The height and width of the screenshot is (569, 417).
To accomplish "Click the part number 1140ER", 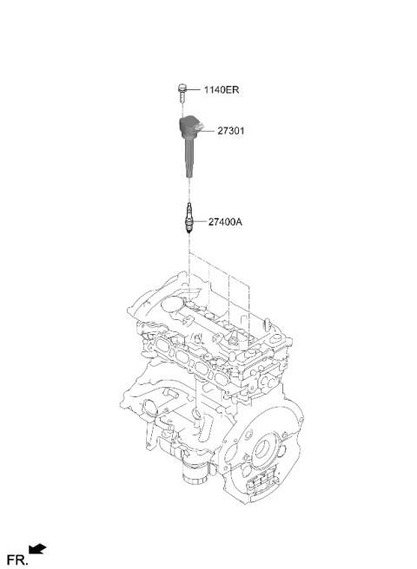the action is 221,89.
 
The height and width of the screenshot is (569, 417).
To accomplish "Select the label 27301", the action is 231,131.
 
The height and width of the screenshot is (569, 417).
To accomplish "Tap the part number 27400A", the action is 225,222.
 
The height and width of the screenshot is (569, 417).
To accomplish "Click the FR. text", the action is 17,559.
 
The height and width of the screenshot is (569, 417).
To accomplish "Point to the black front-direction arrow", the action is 37,549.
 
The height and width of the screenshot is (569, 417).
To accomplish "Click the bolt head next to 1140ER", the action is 182,88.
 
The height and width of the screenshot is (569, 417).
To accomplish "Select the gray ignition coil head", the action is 190,128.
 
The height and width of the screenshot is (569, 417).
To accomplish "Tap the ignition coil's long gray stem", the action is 189,159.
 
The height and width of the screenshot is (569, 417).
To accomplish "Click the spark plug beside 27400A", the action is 189,218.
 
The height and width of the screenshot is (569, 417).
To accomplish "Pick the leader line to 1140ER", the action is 193,88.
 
